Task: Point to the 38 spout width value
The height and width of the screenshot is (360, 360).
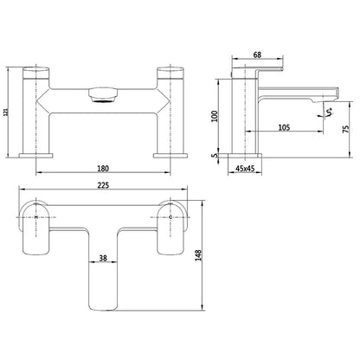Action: tap(103, 259)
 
